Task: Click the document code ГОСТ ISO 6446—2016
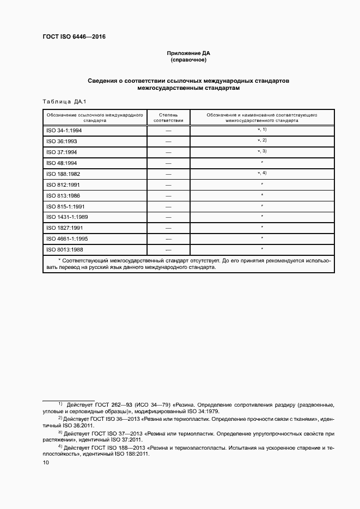coord(74,36)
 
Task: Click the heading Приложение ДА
coord(188,53)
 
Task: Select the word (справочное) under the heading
coord(188,60)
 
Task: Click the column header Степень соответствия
coord(168,118)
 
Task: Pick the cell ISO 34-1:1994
coord(64,131)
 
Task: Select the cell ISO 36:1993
coord(62,142)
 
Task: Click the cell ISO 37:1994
coord(62,152)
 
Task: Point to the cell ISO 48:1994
coord(62,163)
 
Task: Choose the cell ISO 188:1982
coord(63,174)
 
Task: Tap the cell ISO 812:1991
coord(63,185)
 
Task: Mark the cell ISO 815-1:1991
coord(65,207)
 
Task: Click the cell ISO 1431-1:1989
coord(67,217)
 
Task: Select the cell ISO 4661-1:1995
coord(67,239)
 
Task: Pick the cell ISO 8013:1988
coord(64,250)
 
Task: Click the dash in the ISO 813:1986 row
coord(168,196)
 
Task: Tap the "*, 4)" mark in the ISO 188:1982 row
coord(262,173)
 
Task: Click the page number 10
coord(46,462)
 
